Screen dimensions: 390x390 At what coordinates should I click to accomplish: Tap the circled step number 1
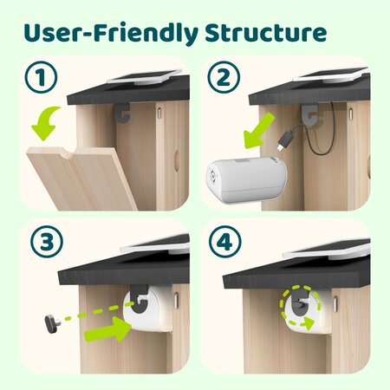[40, 78]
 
